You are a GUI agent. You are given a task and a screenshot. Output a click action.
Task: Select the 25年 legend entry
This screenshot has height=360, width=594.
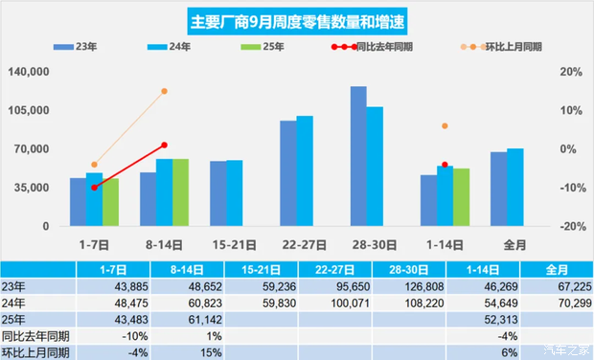coord(254,45)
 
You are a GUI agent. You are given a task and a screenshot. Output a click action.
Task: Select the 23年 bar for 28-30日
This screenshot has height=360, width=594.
coord(358,156)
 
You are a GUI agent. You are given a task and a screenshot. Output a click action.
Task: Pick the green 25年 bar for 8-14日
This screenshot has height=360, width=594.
coord(180,191)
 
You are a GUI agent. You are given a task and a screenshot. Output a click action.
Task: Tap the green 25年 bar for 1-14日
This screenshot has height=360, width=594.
coord(461,196)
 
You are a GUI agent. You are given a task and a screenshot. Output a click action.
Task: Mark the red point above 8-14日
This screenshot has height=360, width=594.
coord(164,145)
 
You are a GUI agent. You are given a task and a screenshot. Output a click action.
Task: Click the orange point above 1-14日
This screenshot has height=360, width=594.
coord(445,126)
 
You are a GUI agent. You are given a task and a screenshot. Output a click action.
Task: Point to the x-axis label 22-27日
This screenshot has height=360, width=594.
coord(296,243)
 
